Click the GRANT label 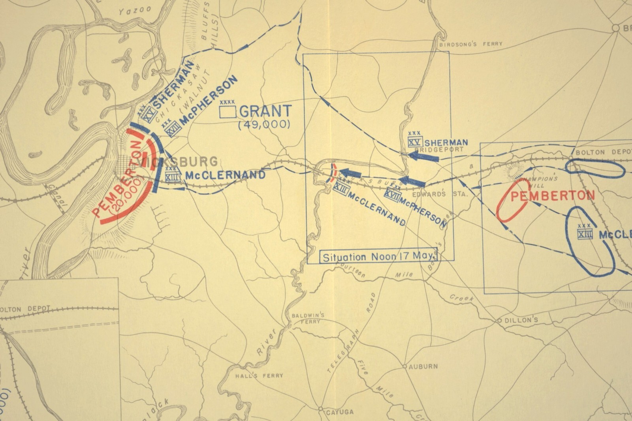coord(265,111)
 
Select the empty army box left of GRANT coord(228,112)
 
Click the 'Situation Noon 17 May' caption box coord(380,257)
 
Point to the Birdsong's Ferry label coord(471,44)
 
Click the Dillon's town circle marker coord(499,320)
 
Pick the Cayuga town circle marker coord(321,409)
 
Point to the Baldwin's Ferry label coord(308,318)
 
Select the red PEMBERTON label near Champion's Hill coord(552,195)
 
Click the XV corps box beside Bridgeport coord(415,142)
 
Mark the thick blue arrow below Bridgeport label coord(423,156)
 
